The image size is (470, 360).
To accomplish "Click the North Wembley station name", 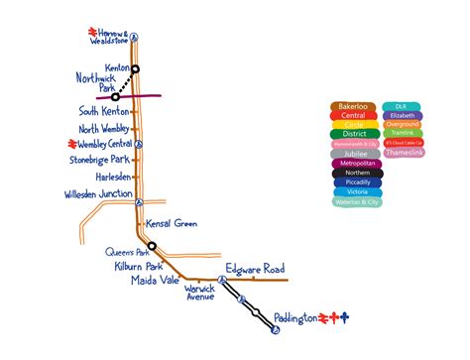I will coord(104,128).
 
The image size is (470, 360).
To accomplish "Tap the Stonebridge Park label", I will coord(99,159).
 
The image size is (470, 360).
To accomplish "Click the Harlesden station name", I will coord(106,177).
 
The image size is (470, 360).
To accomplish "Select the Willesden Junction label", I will coord(98,193).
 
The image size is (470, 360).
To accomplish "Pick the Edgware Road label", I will coord(255,269).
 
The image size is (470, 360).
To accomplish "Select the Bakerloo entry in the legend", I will coord(353,105).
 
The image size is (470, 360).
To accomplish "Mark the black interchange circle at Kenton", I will coord(136,68).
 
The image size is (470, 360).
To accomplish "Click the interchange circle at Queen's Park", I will coord(152,246).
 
